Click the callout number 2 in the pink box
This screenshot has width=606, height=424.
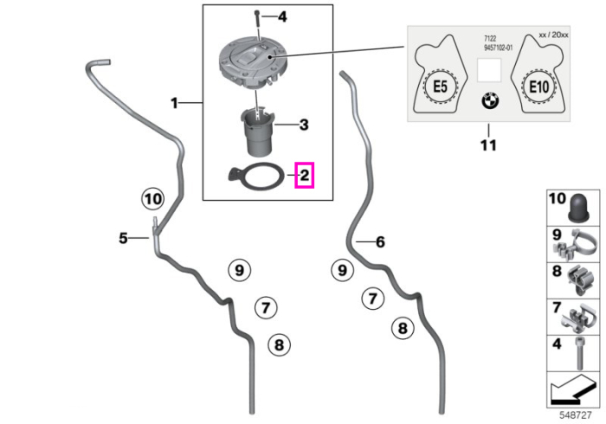click(x=305, y=176)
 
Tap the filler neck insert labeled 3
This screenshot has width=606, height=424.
click(x=257, y=132)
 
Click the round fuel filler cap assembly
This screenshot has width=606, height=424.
click(x=253, y=63)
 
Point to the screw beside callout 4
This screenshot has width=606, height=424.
click(x=257, y=24)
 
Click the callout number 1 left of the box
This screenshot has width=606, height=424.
click(x=174, y=103)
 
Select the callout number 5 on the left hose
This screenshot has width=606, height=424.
click(x=123, y=238)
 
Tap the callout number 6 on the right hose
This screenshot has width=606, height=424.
click(x=380, y=242)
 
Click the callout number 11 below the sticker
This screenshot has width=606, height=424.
click(x=488, y=145)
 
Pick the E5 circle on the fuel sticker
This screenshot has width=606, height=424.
click(x=441, y=87)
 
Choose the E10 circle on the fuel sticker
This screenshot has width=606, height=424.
click(x=538, y=87)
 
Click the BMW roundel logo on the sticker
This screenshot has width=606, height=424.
click(x=490, y=100)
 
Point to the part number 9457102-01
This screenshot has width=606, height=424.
click(x=498, y=48)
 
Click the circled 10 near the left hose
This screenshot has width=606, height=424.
click(x=152, y=199)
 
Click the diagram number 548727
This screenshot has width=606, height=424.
click(x=576, y=415)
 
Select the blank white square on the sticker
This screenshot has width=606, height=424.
click(x=489, y=70)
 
